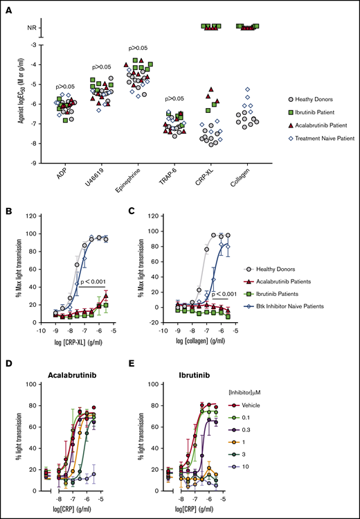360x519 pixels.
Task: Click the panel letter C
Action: pos(154,213)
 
